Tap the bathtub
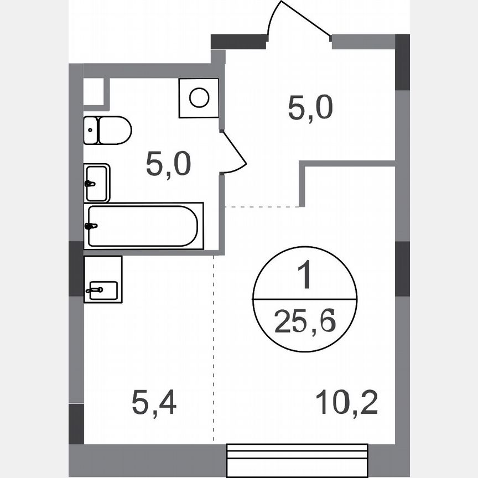pyautogui.click(x=143, y=226)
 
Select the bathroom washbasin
pyautogui.click(x=97, y=183)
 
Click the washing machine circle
pyautogui.click(x=199, y=98)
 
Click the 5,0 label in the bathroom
pyautogui.click(x=168, y=164)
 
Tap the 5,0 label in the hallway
pyautogui.click(x=310, y=108)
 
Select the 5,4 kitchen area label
pyautogui.click(x=154, y=403)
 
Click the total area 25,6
pyautogui.click(x=305, y=321)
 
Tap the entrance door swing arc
pyautogui.click(x=299, y=17)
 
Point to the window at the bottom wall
pyautogui.click(x=297, y=456)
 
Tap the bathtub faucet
pyautogui.click(x=91, y=226)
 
